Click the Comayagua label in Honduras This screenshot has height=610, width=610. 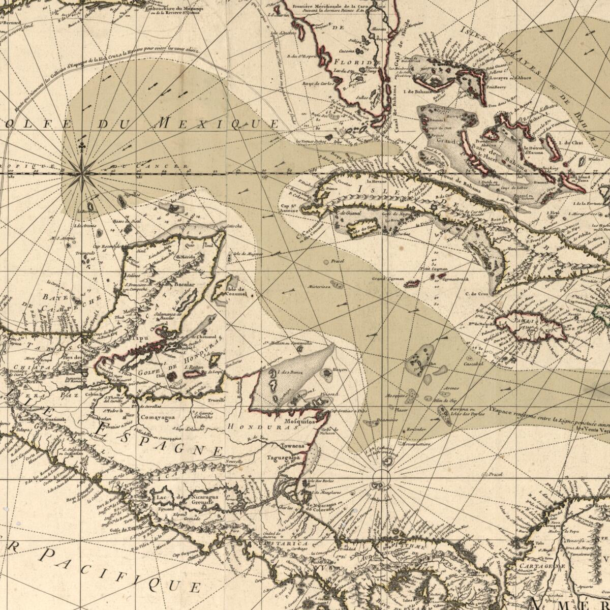coord(158,417)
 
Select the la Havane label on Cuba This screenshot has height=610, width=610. coord(377,181)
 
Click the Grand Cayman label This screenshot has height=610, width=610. coord(387,279)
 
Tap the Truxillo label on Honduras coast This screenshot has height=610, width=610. coord(216,400)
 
